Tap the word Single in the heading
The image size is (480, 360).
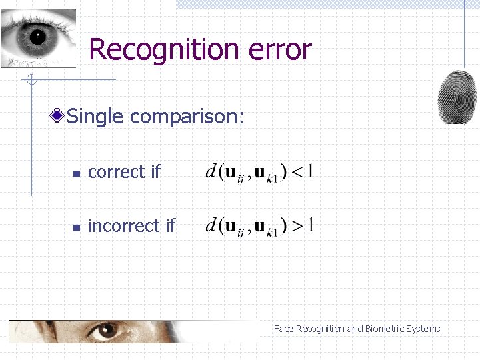pyautogui.click(x=96, y=117)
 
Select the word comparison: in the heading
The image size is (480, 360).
pyautogui.click(x=187, y=117)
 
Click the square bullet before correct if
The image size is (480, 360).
pyautogui.click(x=77, y=173)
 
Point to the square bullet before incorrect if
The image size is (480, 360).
pyautogui.click(x=77, y=227)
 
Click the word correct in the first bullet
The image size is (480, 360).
pyautogui.click(x=116, y=172)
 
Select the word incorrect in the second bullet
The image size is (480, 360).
pyautogui.click(x=123, y=226)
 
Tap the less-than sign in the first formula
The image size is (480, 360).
pyautogui.click(x=297, y=173)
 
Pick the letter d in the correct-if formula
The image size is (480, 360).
pyautogui.click(x=211, y=172)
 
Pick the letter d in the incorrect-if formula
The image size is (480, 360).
pyautogui.click(x=211, y=226)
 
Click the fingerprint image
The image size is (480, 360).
pyautogui.click(x=457, y=96)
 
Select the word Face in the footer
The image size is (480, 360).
pyautogui.click(x=283, y=329)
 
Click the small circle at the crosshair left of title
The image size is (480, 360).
pyautogui.click(x=31, y=81)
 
